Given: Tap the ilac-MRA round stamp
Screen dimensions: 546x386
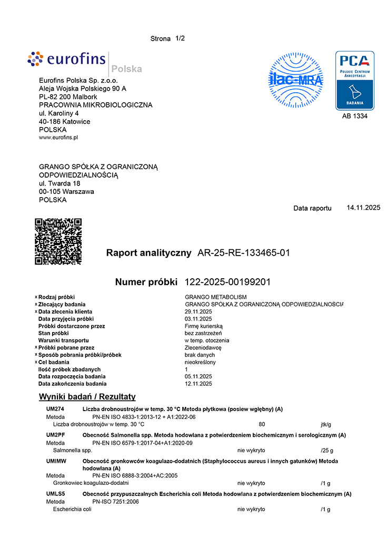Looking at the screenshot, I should pos(296,80).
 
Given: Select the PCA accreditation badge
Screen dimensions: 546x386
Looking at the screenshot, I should pos(354,80).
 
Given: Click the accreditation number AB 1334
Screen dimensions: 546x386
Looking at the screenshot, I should pos(354,116).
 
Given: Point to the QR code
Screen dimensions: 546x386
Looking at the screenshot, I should pos(58,241).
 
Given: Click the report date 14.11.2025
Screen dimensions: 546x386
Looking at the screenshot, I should pos(363,208).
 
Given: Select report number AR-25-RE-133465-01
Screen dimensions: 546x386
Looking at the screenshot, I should pos(243,253).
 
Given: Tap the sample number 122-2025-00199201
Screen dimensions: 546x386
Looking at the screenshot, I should pos(227,282).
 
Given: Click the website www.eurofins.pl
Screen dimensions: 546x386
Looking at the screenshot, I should pos(58,138).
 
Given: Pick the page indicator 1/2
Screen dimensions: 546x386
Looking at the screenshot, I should pos(180,38).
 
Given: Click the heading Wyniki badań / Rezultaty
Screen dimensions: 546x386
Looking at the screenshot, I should pos(87,397).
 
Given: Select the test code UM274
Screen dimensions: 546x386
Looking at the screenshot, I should pos(55,409).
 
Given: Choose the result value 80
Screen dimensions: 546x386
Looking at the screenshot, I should pos(262,424).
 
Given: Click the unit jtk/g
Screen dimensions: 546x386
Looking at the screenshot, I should pos(326,424).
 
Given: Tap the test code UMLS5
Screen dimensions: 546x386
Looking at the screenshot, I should pos(56,494).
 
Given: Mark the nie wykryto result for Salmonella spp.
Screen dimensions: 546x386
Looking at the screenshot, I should pos(251,451).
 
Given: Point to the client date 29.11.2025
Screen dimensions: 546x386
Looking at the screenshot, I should pos(199,311).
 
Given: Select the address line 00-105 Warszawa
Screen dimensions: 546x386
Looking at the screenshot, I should pos(66,192).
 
